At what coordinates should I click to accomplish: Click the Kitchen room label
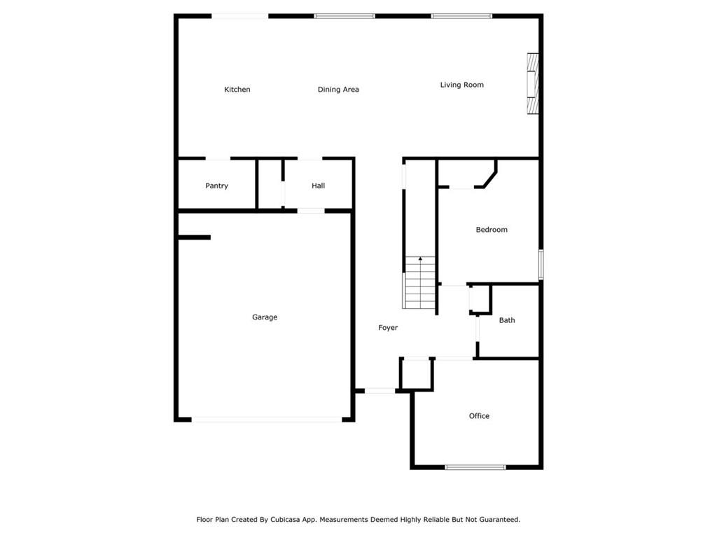[x=237, y=89]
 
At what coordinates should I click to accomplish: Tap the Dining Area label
[x=338, y=90]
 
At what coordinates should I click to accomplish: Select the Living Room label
[x=462, y=85]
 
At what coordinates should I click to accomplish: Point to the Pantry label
[x=216, y=186]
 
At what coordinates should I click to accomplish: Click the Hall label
[x=319, y=185]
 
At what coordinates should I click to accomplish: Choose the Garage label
[x=264, y=317]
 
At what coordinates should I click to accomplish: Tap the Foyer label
[x=388, y=328]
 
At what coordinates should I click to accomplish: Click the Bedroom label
[x=492, y=230]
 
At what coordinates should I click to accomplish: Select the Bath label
[x=507, y=320]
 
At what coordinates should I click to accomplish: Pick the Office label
[x=479, y=416]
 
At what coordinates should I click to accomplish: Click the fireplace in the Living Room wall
[x=533, y=84]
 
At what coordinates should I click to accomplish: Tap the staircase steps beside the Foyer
[x=420, y=282]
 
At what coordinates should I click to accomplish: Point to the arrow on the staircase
[x=420, y=259]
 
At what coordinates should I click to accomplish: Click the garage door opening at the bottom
[x=266, y=420]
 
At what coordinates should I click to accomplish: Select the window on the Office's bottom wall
[x=475, y=467]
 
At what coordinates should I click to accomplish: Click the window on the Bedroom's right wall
[x=541, y=264]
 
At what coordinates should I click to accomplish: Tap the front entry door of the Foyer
[x=380, y=391]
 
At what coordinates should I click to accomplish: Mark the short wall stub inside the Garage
[x=194, y=237]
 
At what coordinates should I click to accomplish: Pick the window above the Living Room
[x=461, y=16]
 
